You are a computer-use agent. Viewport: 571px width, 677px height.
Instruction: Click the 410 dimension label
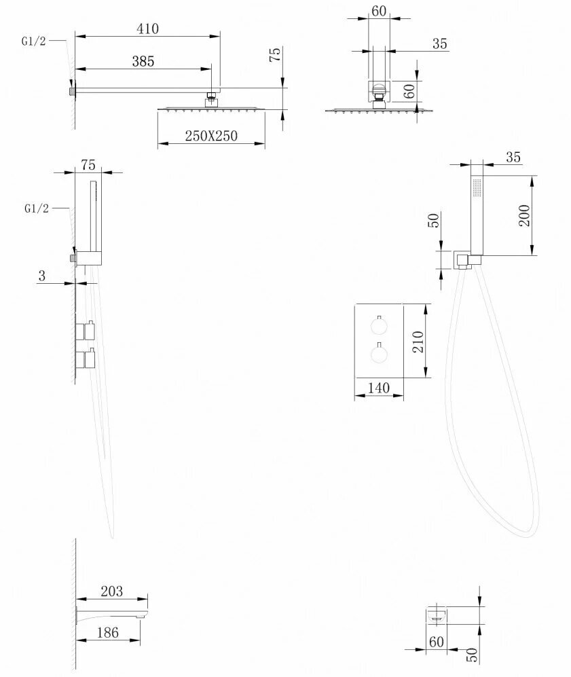pyautogui.click(x=147, y=29)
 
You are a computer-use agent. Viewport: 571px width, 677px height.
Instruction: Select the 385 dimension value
pyautogui.click(x=143, y=61)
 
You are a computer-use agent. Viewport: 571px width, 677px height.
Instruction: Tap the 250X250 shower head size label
pyautogui.click(x=211, y=136)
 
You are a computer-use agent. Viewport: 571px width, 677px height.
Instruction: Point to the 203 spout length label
pyautogui.click(x=111, y=591)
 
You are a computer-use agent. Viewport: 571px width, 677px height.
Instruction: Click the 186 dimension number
pyautogui.click(x=107, y=632)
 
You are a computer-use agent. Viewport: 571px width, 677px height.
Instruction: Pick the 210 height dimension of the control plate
pyautogui.click(x=417, y=340)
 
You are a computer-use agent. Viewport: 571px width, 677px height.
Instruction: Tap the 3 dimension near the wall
pyautogui.click(x=41, y=275)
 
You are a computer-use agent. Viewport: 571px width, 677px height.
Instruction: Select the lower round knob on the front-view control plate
pyautogui.click(x=379, y=353)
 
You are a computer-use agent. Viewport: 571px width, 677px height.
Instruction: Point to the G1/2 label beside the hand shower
pyautogui.click(x=35, y=208)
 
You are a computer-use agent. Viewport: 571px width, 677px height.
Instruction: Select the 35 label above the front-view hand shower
pyautogui.click(x=513, y=157)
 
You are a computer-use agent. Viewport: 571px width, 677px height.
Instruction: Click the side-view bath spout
pyautogui.click(x=112, y=615)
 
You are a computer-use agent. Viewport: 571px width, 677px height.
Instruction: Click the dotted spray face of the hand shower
pyautogui.click(x=477, y=189)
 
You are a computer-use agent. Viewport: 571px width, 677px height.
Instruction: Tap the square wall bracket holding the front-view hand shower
pyautogui.click(x=464, y=259)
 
